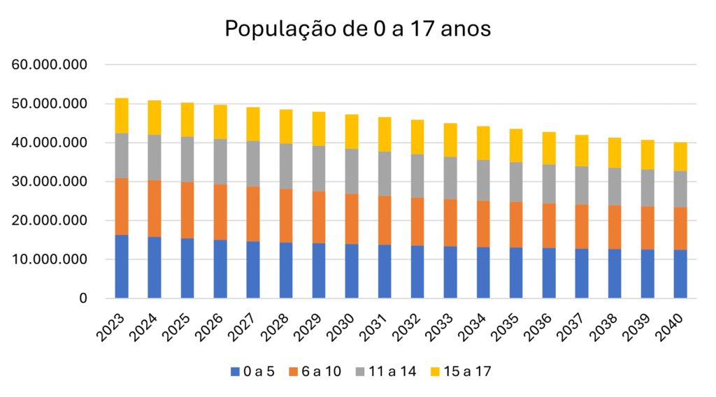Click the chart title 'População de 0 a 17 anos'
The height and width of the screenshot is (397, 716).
coord(357,29)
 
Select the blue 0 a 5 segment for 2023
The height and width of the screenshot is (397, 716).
coord(122,266)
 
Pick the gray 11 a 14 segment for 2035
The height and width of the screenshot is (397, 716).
coord(516,182)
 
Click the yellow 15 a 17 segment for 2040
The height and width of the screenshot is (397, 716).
coord(680,157)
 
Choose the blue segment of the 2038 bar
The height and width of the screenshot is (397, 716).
coord(615,273)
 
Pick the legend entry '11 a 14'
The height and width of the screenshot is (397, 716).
coord(389,371)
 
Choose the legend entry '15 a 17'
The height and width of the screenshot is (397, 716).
coord(463,371)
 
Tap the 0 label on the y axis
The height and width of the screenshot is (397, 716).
coord(83,298)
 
